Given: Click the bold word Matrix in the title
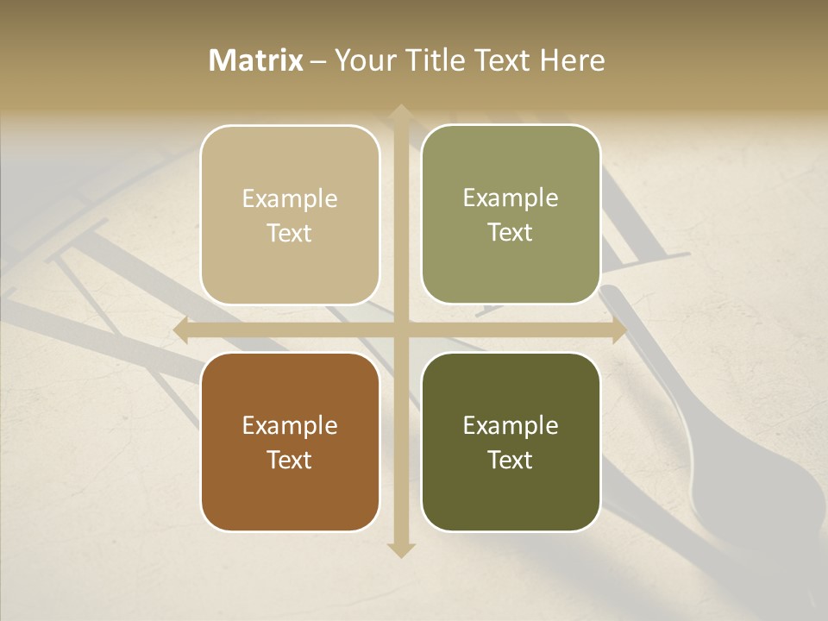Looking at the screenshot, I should click(256, 60).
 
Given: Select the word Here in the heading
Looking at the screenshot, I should click(571, 60).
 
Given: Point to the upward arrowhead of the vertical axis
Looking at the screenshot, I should click(400, 112).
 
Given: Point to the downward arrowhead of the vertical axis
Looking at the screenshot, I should click(400, 549).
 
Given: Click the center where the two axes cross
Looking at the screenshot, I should click(400, 330).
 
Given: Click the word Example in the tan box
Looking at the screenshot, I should click(290, 198).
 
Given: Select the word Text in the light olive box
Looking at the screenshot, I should click(511, 232).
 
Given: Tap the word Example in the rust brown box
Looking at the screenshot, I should click(290, 425).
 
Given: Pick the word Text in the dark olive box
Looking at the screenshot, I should click(511, 460).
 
